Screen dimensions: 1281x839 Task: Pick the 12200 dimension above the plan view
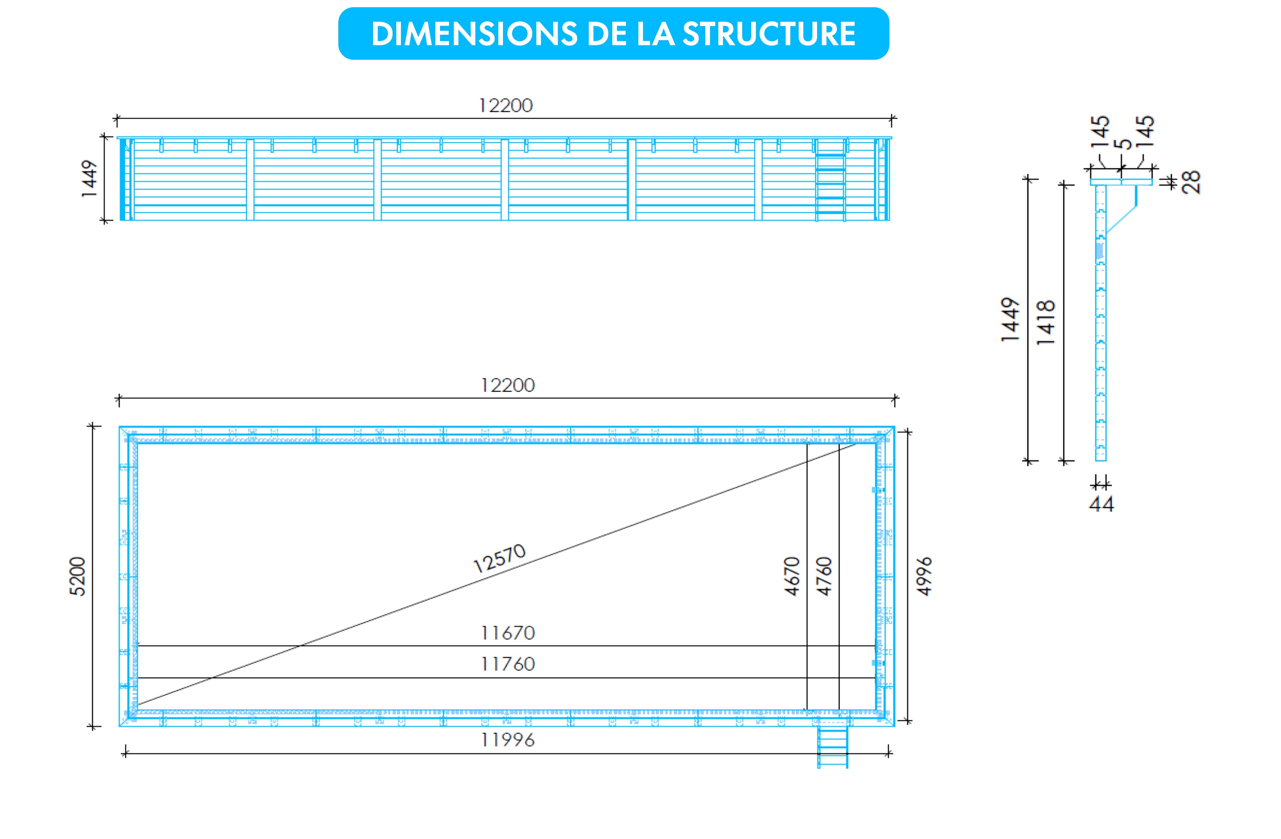[508, 385]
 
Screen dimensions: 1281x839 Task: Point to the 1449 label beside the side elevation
[89, 179]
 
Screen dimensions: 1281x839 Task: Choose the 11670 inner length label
[508, 633]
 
